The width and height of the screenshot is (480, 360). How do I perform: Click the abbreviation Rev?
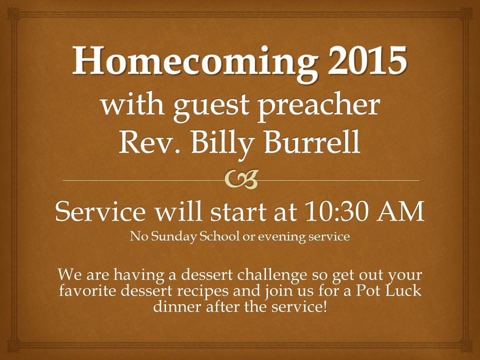click(x=149, y=141)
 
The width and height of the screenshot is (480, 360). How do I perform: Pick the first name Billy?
click(x=222, y=143)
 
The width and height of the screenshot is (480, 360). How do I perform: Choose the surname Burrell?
click(x=312, y=141)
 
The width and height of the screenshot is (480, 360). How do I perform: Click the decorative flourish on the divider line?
click(x=241, y=179)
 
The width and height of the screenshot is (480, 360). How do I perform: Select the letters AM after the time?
click(x=400, y=211)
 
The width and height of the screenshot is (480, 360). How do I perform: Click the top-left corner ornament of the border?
click(x=13, y=14)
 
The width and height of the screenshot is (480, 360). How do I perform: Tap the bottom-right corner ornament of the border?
click(x=466, y=346)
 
